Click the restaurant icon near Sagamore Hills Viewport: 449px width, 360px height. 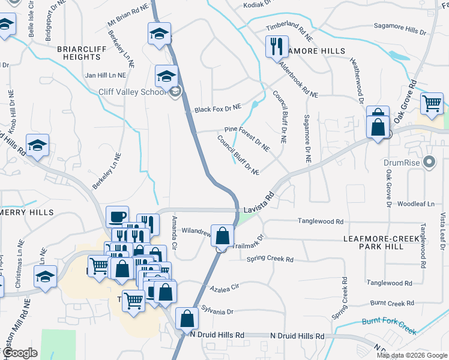[277, 46]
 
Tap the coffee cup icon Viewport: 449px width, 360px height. [117, 217]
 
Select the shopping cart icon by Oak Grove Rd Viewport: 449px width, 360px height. [432, 103]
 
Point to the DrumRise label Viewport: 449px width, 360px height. [400, 162]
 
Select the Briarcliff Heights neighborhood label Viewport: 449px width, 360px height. [79, 52]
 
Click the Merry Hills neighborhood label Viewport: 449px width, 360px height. [27, 212]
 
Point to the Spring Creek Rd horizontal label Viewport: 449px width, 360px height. [270, 259]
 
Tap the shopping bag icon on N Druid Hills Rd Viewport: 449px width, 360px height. [187, 319]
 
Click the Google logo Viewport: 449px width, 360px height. [20, 353]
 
